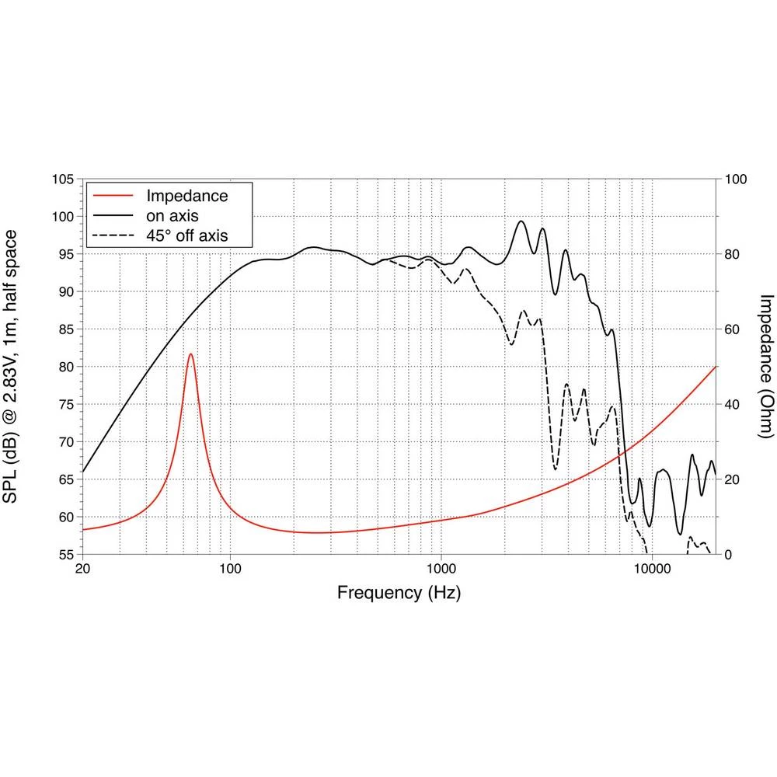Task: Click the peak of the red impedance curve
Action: tap(190, 354)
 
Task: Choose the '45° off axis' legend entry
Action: tap(187, 235)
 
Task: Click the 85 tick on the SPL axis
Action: tap(66, 329)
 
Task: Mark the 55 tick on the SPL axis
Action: tap(66, 555)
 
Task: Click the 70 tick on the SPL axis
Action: tap(66, 442)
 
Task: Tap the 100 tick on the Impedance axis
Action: tap(734, 179)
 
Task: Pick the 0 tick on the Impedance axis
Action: tap(728, 555)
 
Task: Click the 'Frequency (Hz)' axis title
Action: tap(399, 594)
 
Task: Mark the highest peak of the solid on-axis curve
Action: tap(521, 221)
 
